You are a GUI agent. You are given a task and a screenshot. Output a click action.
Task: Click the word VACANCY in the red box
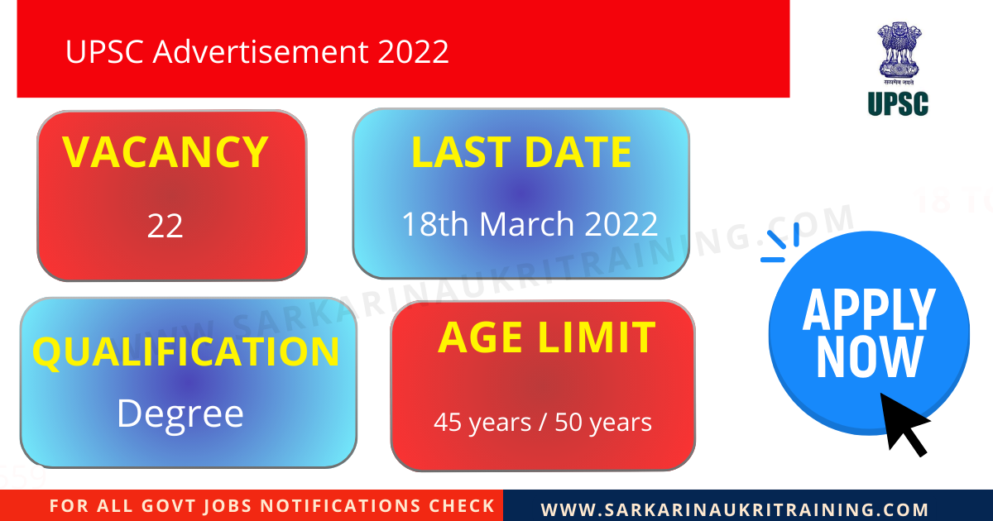(165, 152)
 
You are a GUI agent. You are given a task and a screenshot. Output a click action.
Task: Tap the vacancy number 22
(165, 226)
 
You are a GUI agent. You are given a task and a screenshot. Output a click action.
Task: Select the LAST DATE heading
(521, 153)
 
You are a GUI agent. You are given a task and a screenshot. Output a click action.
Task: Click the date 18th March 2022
(530, 224)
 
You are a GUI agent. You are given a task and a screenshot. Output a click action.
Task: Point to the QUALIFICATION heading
(186, 351)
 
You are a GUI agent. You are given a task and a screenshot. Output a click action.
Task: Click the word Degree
(180, 413)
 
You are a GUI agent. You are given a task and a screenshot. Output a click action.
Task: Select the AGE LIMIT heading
(546, 337)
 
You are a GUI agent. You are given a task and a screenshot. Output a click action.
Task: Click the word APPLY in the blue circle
(868, 310)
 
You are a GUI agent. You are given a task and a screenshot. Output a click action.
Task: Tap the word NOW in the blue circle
(869, 357)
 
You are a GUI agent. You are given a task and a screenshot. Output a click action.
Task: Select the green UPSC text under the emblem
(899, 103)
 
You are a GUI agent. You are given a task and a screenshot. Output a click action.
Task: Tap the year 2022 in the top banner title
(414, 52)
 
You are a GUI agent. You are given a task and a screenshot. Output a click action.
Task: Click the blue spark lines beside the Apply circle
(780, 243)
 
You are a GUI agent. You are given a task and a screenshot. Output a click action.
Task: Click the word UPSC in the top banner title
(105, 52)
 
